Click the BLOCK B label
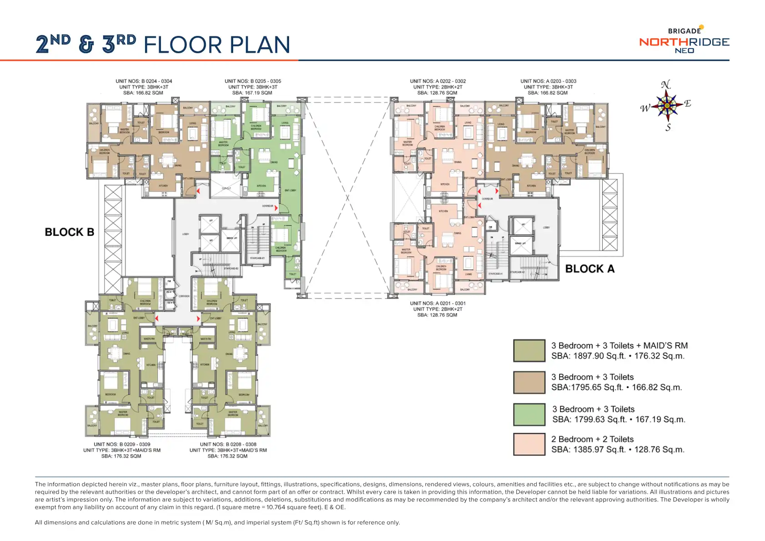[69, 232]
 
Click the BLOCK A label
[590, 269]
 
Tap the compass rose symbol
[666, 105]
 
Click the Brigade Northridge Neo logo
[684, 41]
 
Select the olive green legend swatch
[529, 351]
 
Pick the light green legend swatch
[529, 414]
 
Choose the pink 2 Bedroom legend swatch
[529, 444]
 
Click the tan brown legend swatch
[529, 382]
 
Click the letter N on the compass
[665, 85]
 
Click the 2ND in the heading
[53, 44]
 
